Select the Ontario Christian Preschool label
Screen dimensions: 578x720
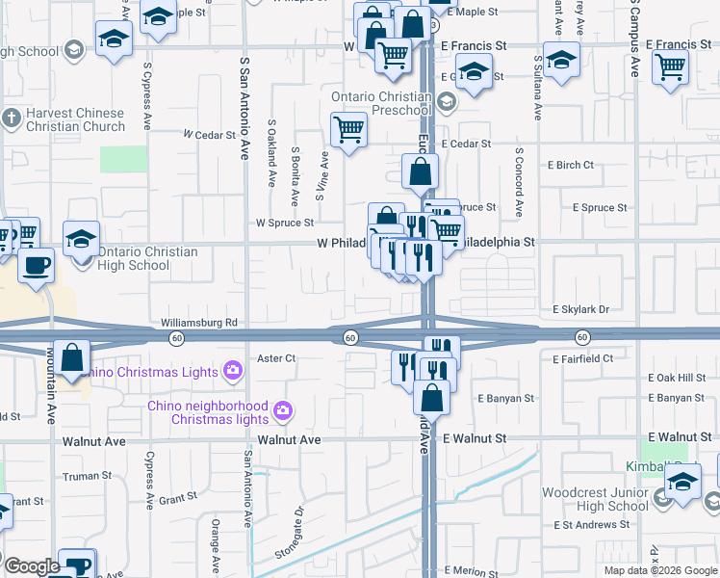[381, 103]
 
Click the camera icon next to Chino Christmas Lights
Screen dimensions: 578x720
[232, 370]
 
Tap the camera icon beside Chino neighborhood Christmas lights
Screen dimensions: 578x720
[282, 412]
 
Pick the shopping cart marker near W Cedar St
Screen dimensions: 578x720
[348, 128]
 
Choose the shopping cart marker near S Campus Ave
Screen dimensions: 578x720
[670, 66]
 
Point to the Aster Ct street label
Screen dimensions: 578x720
[275, 358]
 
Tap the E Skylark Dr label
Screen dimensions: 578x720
[581, 309]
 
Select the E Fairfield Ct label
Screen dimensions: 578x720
[582, 358]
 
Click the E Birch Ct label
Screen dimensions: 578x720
[562, 165]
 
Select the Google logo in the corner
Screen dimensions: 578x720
[32, 566]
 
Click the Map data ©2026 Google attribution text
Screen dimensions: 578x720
[659, 570]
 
